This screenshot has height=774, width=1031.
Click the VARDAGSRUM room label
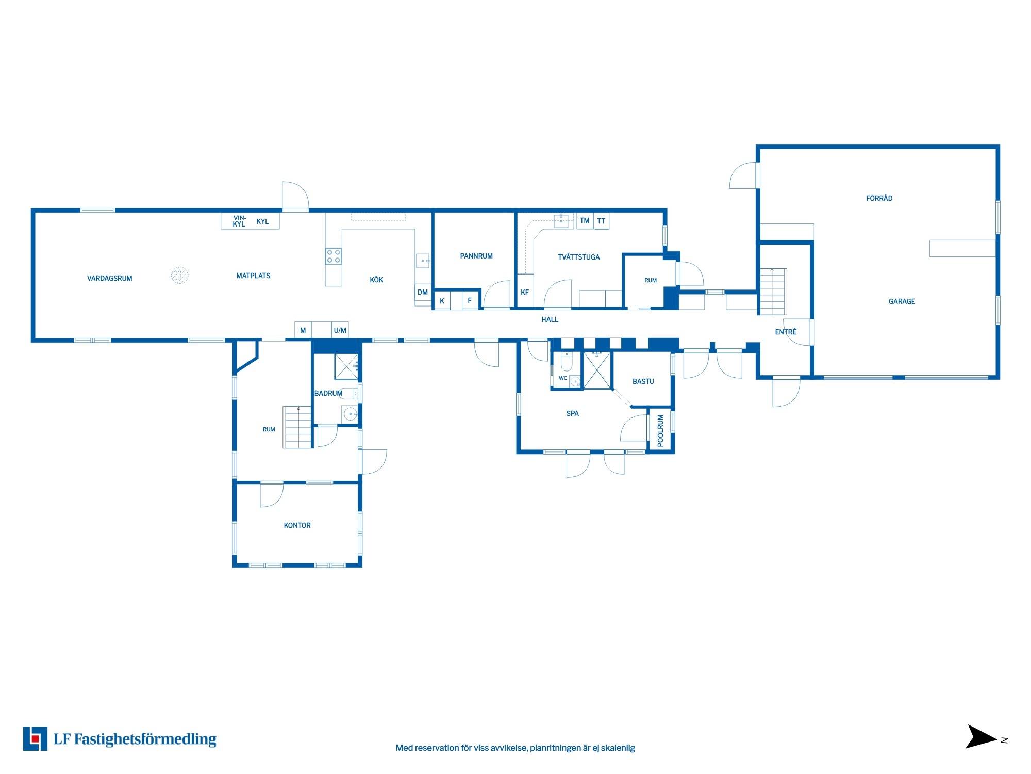click(x=109, y=278)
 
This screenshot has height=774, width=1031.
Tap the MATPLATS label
click(x=253, y=276)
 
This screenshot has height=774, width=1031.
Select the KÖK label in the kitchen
click(x=376, y=279)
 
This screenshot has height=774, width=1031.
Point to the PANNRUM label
click(x=476, y=256)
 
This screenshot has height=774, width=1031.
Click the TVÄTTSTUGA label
click(x=578, y=256)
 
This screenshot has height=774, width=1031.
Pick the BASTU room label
click(x=643, y=381)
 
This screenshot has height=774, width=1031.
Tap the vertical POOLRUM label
click(x=660, y=430)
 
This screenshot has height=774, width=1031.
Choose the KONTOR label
click(x=297, y=525)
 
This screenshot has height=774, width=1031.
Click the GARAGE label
click(x=902, y=301)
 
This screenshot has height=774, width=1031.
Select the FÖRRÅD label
click(x=879, y=198)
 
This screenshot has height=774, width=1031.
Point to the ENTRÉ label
click(x=786, y=332)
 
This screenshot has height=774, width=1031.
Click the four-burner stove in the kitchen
click(x=333, y=256)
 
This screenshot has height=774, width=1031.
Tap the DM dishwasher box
click(x=423, y=292)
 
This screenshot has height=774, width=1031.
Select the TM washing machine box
click(x=585, y=220)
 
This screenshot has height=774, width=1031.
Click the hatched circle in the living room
click(x=179, y=275)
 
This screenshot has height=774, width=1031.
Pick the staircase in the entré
click(x=772, y=292)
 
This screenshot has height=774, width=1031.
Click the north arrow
click(x=982, y=736)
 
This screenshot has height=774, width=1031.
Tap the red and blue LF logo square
click(x=35, y=738)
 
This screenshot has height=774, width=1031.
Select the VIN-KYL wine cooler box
click(x=238, y=221)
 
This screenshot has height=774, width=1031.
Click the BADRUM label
click(x=328, y=393)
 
